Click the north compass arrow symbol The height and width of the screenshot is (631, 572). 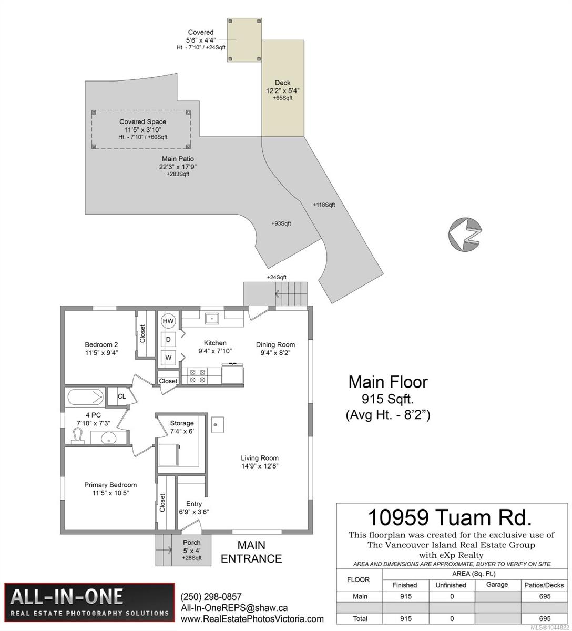(x=465, y=233)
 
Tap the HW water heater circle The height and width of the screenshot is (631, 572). (x=168, y=321)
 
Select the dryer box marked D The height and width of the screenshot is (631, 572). (x=168, y=339)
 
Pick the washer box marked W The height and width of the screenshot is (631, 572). (x=168, y=358)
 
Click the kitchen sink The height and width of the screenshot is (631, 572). (x=212, y=318)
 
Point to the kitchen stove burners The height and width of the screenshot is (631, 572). (x=198, y=376)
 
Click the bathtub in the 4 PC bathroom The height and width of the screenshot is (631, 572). (x=85, y=398)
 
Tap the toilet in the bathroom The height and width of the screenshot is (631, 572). (x=78, y=436)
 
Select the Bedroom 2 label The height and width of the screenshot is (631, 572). (x=101, y=344)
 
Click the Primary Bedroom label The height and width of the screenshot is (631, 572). (x=110, y=485)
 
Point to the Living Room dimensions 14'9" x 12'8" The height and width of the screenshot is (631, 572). (x=260, y=466)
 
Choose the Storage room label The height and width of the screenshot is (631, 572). (x=182, y=423)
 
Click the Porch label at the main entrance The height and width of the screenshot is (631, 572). (x=191, y=542)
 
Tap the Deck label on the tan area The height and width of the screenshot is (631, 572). (x=282, y=83)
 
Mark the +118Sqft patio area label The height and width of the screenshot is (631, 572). (x=324, y=205)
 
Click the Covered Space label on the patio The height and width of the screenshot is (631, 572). (x=142, y=122)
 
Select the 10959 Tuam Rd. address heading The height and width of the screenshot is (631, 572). (x=450, y=518)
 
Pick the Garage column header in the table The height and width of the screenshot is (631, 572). (x=497, y=584)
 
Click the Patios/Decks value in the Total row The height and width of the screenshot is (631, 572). (x=545, y=618)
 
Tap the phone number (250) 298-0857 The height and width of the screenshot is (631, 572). (x=211, y=596)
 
